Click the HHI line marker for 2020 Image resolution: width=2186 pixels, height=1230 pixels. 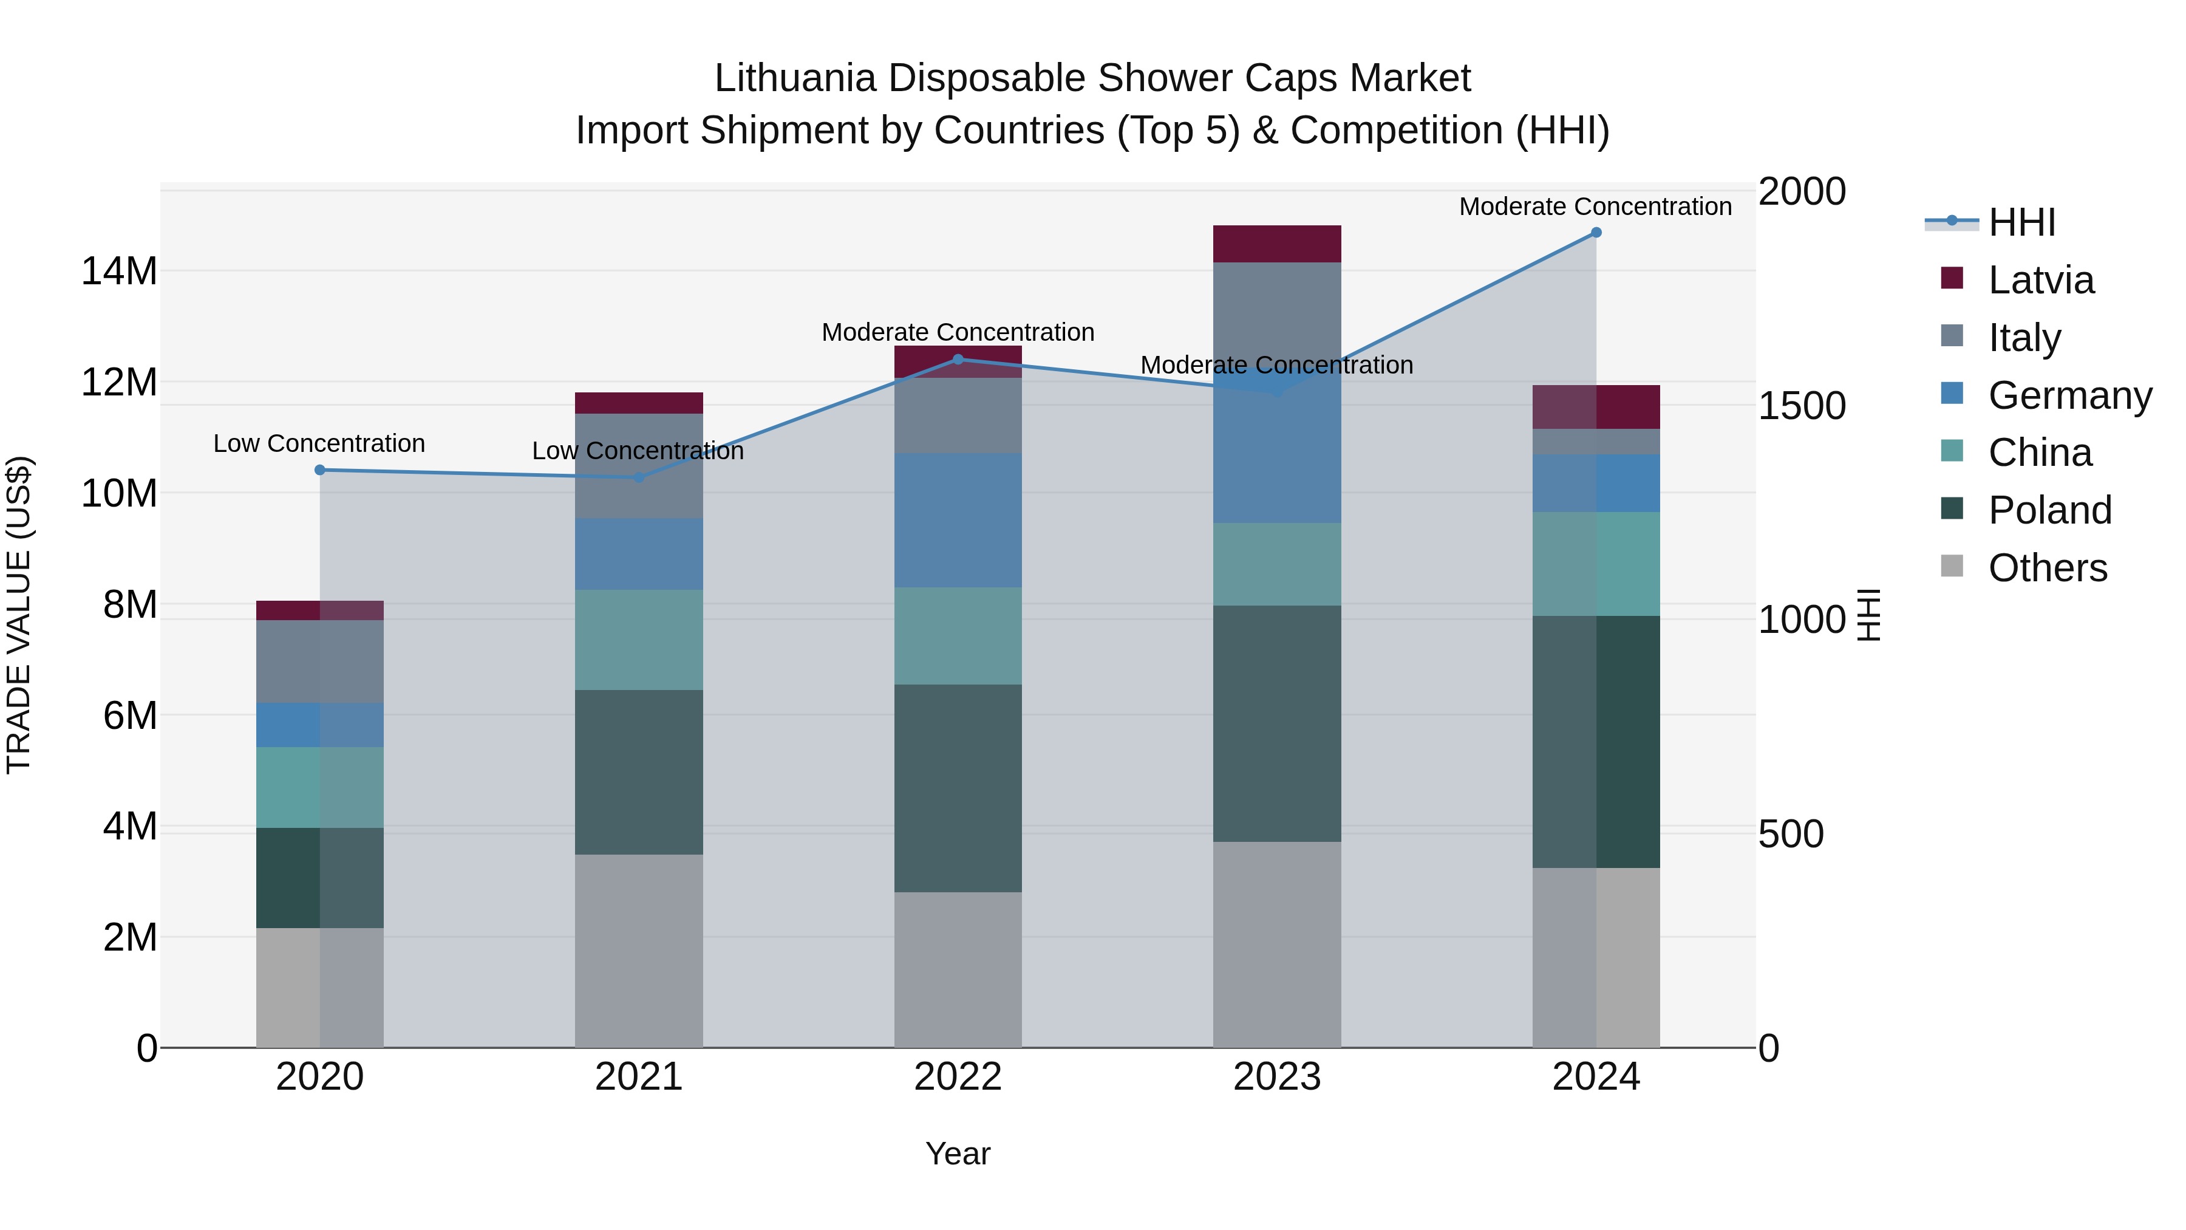click(x=320, y=470)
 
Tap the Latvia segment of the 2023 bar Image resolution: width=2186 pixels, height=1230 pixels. click(x=1276, y=244)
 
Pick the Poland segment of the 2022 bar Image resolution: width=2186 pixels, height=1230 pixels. click(x=958, y=788)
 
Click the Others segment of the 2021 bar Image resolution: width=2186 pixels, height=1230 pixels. click(x=639, y=951)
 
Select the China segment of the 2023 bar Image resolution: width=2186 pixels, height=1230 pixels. click(x=1276, y=564)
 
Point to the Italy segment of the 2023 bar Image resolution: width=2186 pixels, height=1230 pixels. click(x=1276, y=314)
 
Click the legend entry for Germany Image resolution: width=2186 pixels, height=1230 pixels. click(x=2069, y=395)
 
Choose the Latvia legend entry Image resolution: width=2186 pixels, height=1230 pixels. click(x=2040, y=280)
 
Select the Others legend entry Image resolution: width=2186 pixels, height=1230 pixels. click(x=2047, y=568)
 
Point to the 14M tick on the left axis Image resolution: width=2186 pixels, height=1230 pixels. click(x=119, y=272)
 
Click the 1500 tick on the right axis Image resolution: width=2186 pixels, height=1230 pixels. click(x=1801, y=406)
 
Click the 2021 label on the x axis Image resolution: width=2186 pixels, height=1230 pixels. click(x=639, y=1077)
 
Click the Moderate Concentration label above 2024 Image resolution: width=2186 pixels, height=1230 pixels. click(x=1595, y=207)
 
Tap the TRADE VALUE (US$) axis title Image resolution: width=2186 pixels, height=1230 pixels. click(x=19, y=615)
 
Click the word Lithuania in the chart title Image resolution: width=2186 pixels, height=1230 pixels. click(x=794, y=79)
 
